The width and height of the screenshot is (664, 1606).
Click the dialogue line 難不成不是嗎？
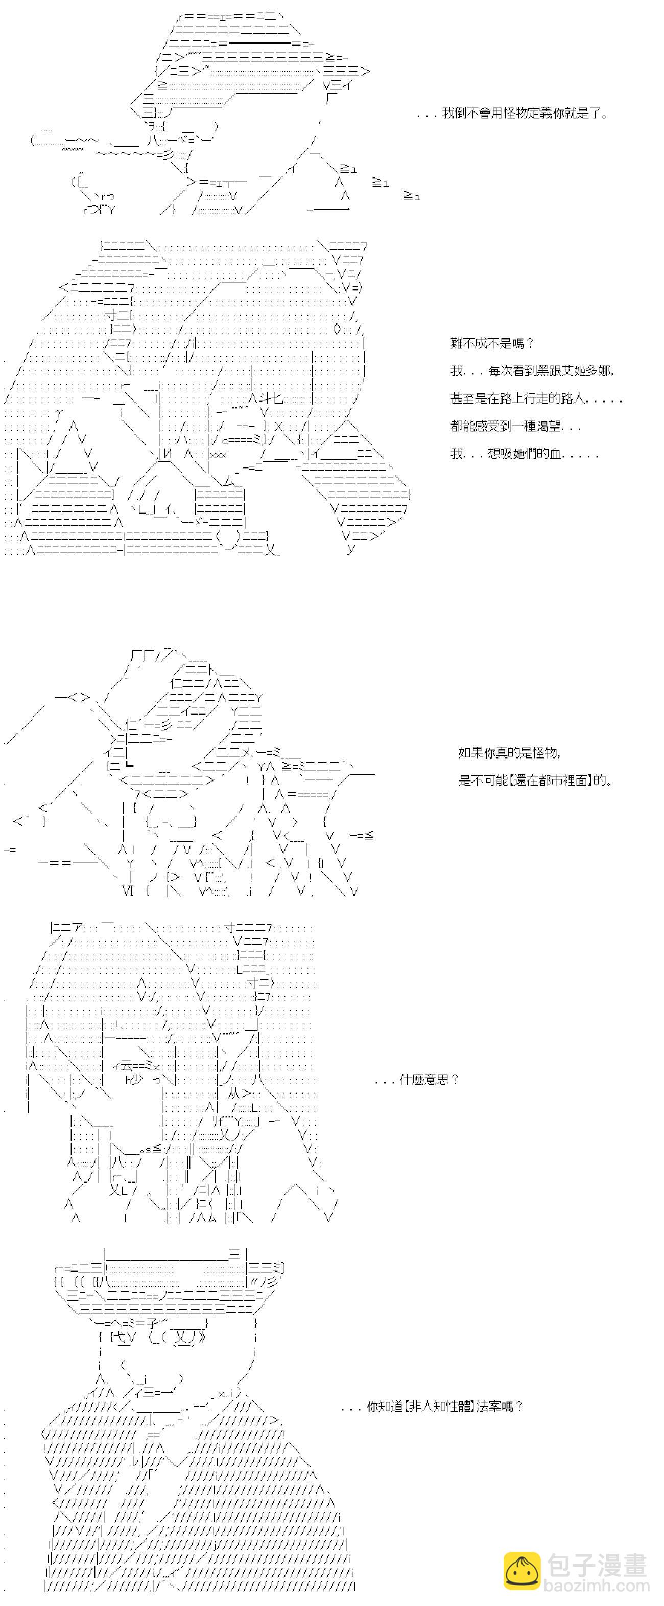492,343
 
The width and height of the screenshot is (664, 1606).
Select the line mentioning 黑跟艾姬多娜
533,371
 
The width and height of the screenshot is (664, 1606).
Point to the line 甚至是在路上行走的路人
536,398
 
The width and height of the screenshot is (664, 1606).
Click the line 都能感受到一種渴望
515,426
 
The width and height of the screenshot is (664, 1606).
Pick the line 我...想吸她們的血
525,454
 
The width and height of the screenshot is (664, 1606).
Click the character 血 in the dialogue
556,454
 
